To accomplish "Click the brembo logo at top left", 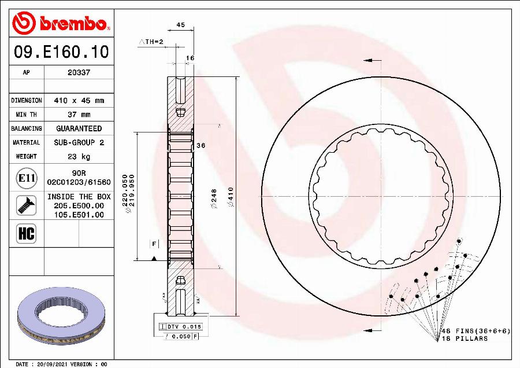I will click(60, 23).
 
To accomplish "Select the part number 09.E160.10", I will click(61, 52).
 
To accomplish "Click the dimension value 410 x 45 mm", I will click(79, 101).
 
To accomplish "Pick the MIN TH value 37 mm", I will click(79, 115).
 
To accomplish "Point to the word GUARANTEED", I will click(79, 128).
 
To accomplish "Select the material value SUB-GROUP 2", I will click(79, 142).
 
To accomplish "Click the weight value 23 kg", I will click(79, 156).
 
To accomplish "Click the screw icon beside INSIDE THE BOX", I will click(27, 205).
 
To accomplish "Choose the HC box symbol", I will click(27, 233).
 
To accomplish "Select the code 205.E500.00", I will click(79, 206).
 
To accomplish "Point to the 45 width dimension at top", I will click(180, 25).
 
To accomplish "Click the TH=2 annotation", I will click(152, 42).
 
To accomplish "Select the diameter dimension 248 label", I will click(213, 197).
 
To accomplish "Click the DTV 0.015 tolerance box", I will click(180, 327).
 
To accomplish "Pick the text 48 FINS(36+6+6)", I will click(476, 330).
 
